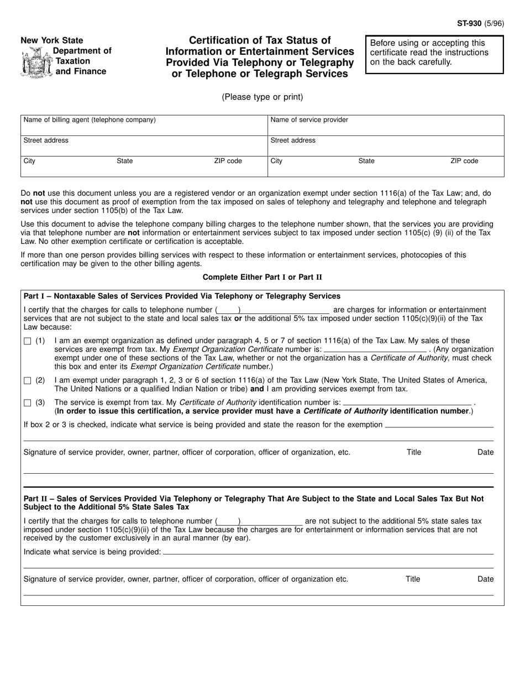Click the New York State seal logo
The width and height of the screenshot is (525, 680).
point(35,61)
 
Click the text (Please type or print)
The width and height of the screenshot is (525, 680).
point(262,97)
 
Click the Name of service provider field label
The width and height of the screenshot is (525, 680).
point(309,120)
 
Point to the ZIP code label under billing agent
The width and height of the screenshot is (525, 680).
point(228,161)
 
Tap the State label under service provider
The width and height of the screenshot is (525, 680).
point(366,161)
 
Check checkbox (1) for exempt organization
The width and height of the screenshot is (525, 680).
point(28,342)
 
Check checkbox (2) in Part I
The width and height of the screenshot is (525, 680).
point(28,381)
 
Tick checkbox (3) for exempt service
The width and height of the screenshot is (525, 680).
point(28,403)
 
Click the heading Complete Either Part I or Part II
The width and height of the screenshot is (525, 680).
point(262,277)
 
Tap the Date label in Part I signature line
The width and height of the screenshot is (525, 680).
point(485,452)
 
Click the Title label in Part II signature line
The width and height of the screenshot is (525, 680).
point(413,579)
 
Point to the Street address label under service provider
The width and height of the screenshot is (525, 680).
point(293,141)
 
